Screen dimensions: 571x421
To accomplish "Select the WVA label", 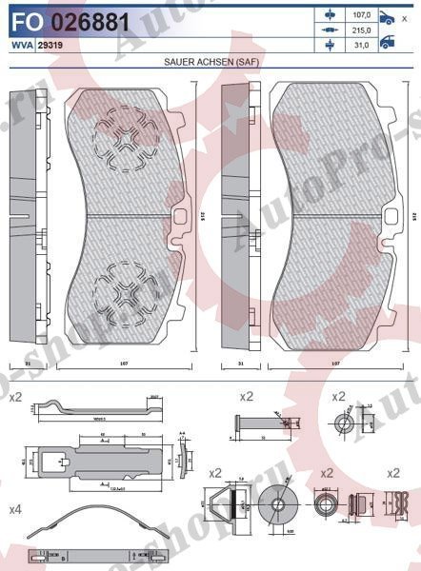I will coord(20,44).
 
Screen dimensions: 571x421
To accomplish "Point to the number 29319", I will coord(50,44).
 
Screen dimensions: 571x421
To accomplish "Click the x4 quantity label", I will coord(15,510).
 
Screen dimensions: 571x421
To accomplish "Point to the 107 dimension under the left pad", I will coord(124,364).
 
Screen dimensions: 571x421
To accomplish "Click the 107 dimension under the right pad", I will coord(333,364).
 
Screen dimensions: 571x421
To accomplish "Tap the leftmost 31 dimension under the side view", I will coord(28,364).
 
